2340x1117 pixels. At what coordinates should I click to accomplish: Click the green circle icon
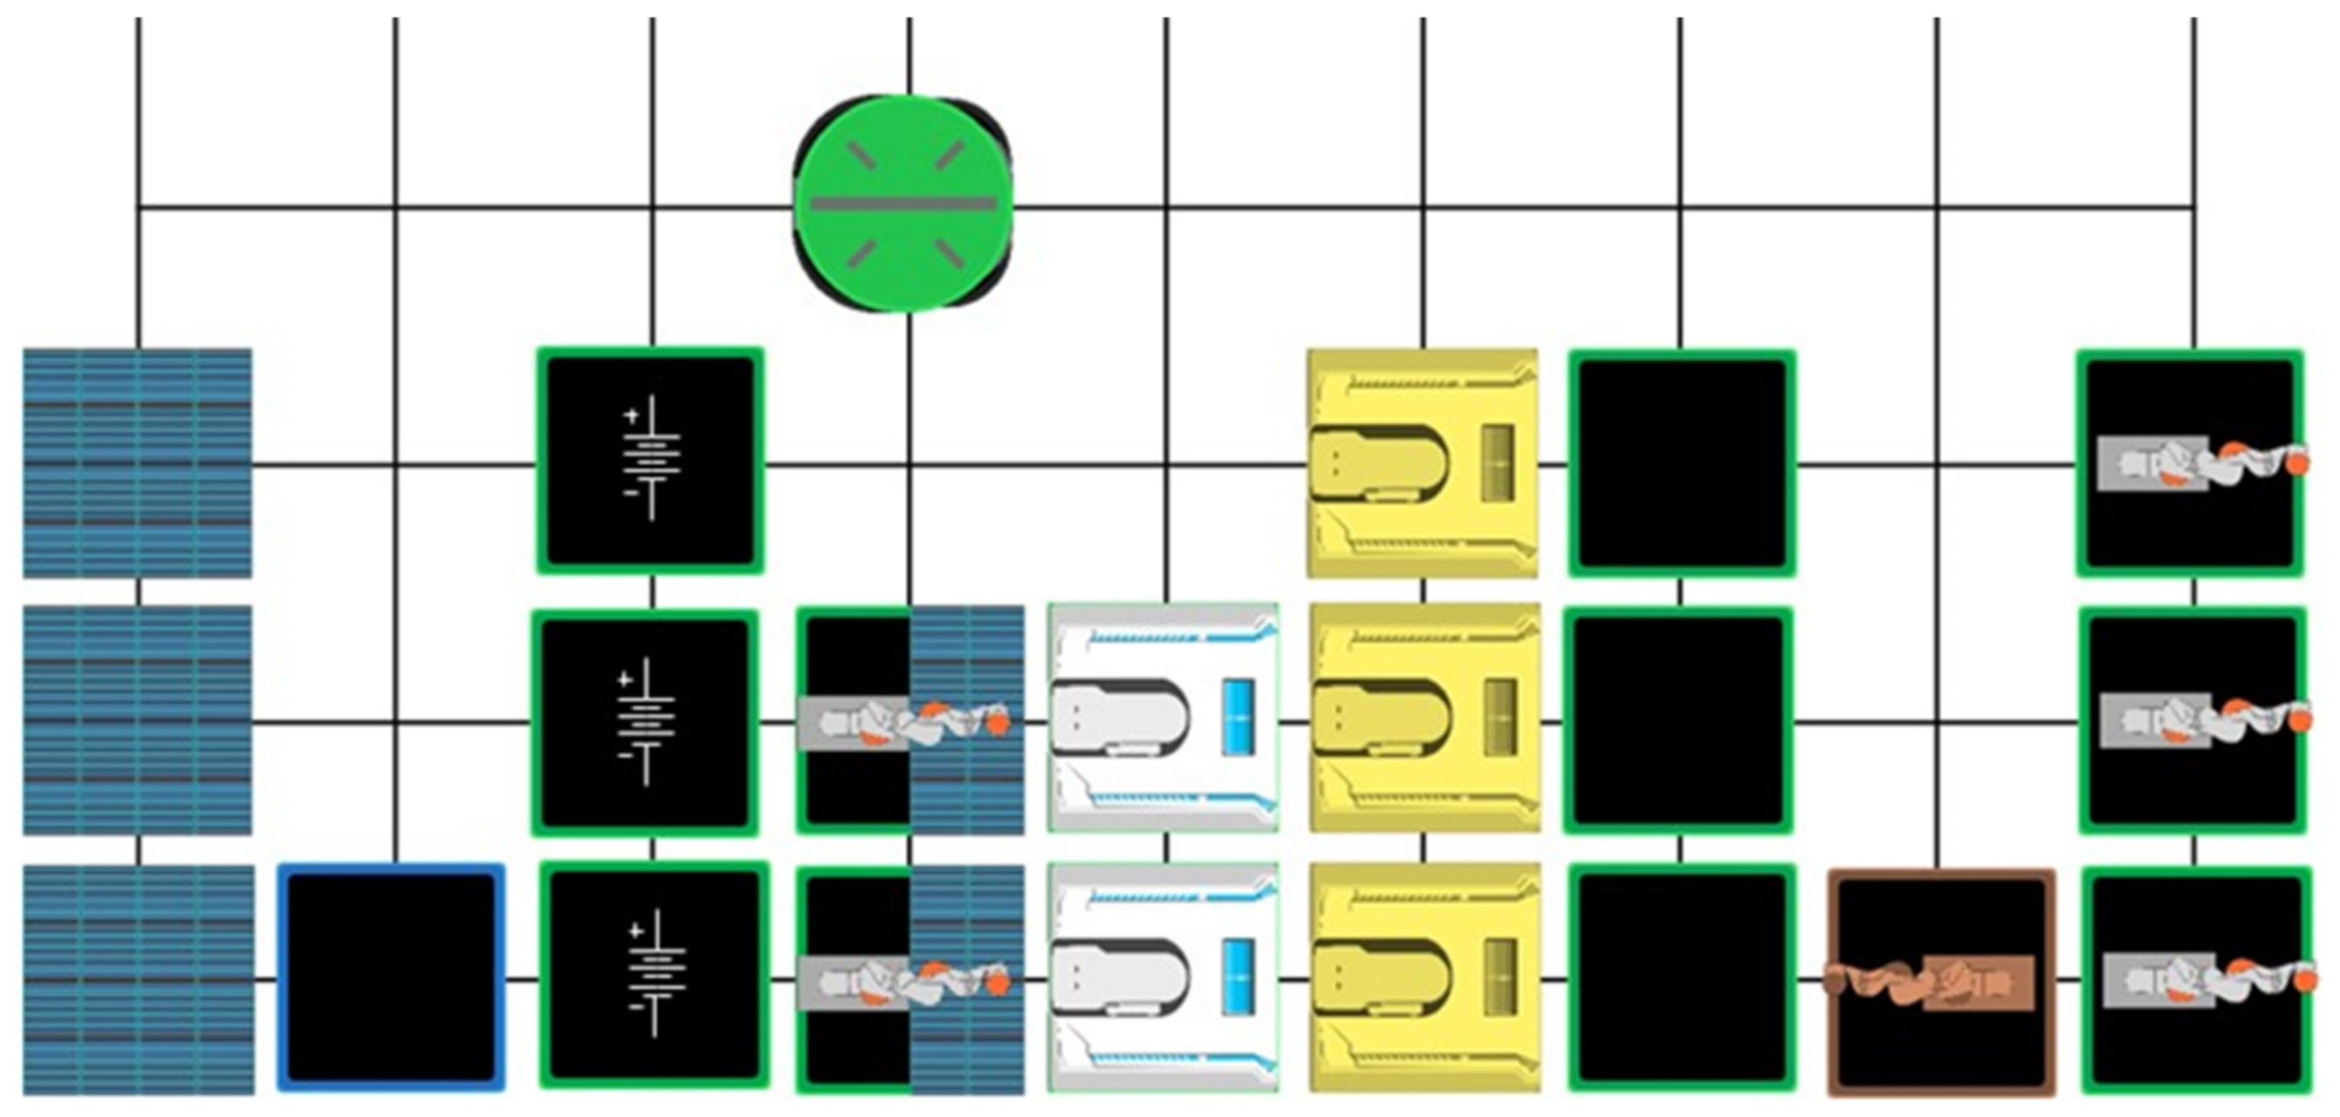[903, 204]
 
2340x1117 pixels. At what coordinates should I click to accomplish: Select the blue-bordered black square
[391, 977]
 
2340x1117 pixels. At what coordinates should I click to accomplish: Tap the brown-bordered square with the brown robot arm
[1941, 982]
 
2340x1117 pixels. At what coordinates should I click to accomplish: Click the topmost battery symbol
[650, 460]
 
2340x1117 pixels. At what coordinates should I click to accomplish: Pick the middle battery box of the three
[646, 722]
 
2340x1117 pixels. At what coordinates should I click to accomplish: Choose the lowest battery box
[654, 975]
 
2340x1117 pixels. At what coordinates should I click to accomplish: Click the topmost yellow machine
[1422, 463]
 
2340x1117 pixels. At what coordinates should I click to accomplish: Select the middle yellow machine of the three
[1423, 717]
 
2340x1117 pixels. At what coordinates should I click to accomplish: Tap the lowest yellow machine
[1423, 977]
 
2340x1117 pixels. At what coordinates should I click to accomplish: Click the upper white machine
[1163, 717]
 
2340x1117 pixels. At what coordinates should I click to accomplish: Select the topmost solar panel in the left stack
[137, 463]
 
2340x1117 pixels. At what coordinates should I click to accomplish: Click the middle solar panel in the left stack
[137, 719]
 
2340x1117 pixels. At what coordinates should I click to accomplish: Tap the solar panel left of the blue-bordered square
[137, 979]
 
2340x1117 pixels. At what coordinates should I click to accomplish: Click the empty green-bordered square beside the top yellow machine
[1682, 463]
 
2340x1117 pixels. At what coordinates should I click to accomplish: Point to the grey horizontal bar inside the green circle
[903, 204]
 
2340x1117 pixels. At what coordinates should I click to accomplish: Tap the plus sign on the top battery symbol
[631, 416]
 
